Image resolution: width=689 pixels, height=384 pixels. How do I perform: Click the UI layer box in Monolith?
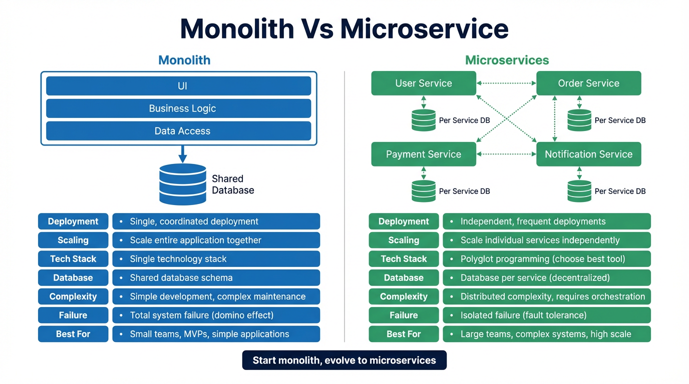pos(178,86)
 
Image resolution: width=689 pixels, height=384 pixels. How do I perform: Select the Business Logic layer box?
pos(178,108)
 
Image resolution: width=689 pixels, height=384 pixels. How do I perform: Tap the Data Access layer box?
pos(178,131)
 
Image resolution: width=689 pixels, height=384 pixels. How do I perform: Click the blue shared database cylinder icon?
pos(183,184)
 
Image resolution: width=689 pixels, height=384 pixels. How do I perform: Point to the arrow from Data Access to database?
pos(183,153)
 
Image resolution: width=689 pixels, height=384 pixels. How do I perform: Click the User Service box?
pos(424,83)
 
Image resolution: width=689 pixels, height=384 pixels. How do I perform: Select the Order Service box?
pos(588,83)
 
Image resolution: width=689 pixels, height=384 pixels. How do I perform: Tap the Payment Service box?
pos(424,154)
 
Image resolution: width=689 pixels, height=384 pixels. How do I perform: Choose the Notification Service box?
pos(588,154)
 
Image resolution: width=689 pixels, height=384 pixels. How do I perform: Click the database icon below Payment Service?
pos(424,191)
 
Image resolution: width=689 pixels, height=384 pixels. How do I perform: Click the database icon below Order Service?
pos(579,120)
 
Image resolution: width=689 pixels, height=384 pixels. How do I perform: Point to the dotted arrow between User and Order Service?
pos(506,83)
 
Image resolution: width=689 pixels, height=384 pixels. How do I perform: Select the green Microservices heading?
pos(507,60)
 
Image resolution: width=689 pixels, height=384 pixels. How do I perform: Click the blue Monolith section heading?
pos(184,60)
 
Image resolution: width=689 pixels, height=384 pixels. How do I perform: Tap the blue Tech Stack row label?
pos(73,259)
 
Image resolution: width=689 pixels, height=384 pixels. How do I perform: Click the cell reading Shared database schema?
pos(216,277)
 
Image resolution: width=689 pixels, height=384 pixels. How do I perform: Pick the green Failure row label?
pos(404,315)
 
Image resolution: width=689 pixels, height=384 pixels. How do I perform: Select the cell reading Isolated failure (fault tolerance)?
pos(546,315)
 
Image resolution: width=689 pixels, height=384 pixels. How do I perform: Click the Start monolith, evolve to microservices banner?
pos(344,360)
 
